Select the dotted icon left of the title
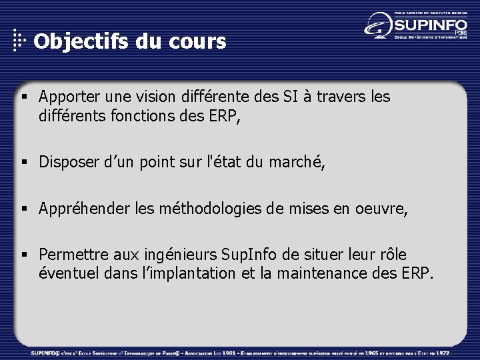(x=20, y=41)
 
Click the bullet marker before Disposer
(x=25, y=162)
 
